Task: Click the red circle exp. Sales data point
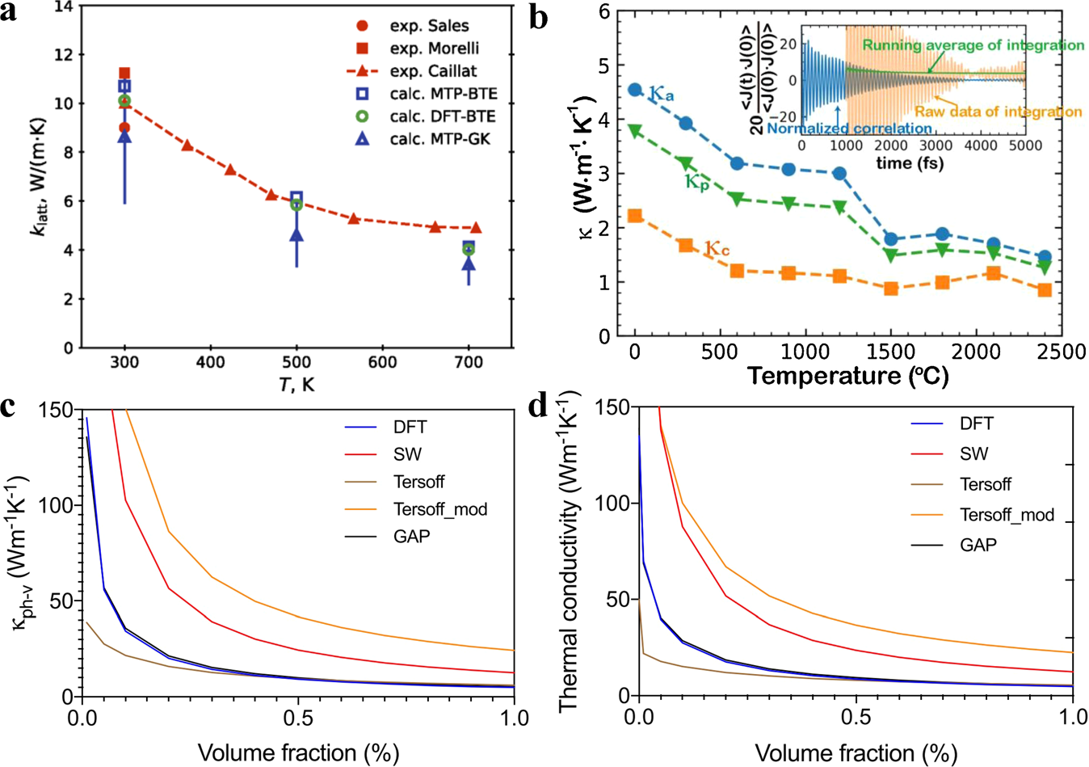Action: (x=124, y=128)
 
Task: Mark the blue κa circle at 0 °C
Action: (x=635, y=90)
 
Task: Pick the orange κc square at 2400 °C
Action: (x=1045, y=289)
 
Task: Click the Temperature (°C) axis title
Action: (x=847, y=376)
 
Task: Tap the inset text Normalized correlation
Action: (x=849, y=128)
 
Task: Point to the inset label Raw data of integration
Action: (x=998, y=112)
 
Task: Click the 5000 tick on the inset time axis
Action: (x=1024, y=145)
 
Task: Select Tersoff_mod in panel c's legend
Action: (x=440, y=509)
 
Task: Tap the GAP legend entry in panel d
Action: (x=978, y=545)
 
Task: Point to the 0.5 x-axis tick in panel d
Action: (x=856, y=717)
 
